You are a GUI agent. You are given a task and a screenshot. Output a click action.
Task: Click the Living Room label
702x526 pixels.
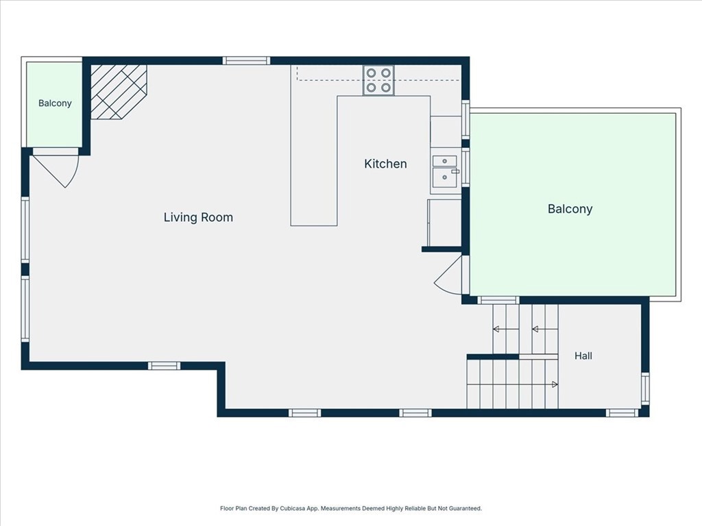(x=198, y=217)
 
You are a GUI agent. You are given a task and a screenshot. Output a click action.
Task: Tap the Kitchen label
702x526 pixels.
(x=385, y=164)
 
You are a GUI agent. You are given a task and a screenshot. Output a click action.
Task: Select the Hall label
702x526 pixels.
(x=583, y=355)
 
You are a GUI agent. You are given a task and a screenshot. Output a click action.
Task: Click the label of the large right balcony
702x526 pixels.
(x=570, y=209)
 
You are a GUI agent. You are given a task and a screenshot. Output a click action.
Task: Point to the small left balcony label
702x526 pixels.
(x=55, y=103)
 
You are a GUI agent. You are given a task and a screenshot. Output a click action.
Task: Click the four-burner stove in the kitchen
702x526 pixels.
(x=378, y=80)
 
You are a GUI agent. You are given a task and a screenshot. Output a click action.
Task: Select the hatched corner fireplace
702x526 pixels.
(x=119, y=92)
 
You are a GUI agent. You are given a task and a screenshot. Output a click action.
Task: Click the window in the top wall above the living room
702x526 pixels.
(x=246, y=61)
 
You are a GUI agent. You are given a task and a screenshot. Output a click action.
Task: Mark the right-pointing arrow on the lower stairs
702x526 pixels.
(x=555, y=384)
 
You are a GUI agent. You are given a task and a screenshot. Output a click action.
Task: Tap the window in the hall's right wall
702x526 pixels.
(x=644, y=388)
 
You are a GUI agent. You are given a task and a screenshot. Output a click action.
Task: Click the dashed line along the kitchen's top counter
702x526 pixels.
(x=378, y=81)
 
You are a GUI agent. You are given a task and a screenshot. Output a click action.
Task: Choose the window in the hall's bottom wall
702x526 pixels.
(x=622, y=413)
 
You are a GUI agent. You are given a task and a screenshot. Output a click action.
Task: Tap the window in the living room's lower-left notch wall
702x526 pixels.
(x=165, y=366)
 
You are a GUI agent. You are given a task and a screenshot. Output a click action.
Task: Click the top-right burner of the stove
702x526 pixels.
(x=386, y=73)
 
